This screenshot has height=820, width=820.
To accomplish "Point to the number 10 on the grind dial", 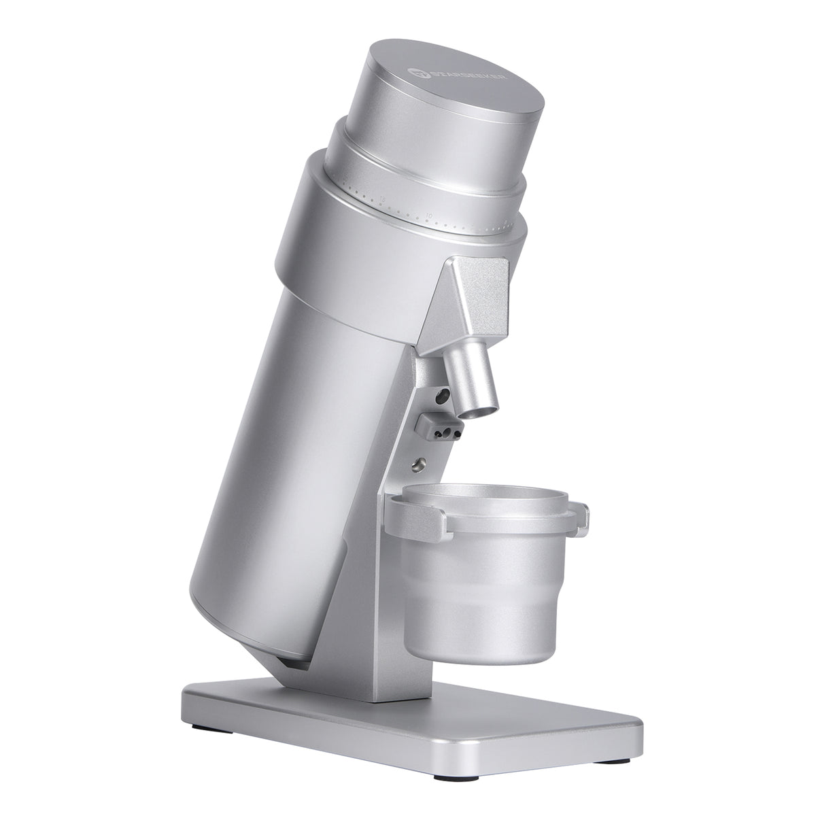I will click(429, 216).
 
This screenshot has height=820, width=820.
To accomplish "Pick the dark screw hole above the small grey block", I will click(443, 394).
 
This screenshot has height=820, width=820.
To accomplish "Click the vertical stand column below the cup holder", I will click(401, 612).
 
